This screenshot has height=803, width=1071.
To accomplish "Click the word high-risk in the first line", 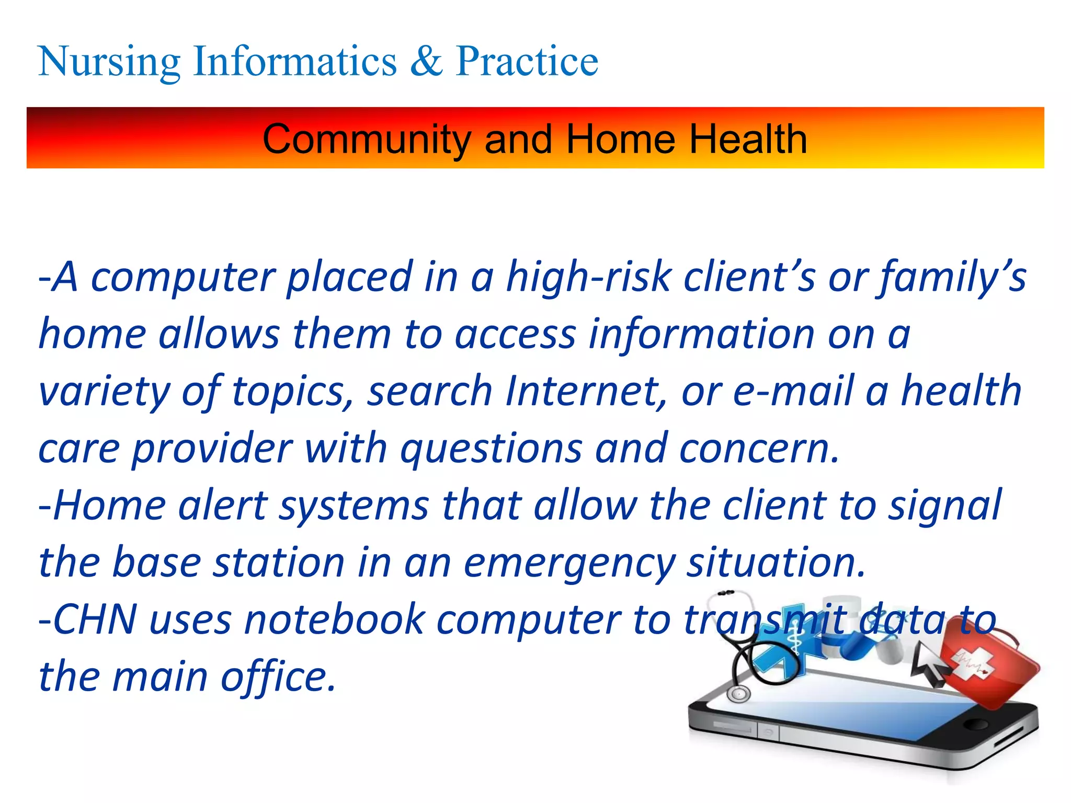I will coord(588,277).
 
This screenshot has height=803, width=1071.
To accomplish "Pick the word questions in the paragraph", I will coord(491,448).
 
